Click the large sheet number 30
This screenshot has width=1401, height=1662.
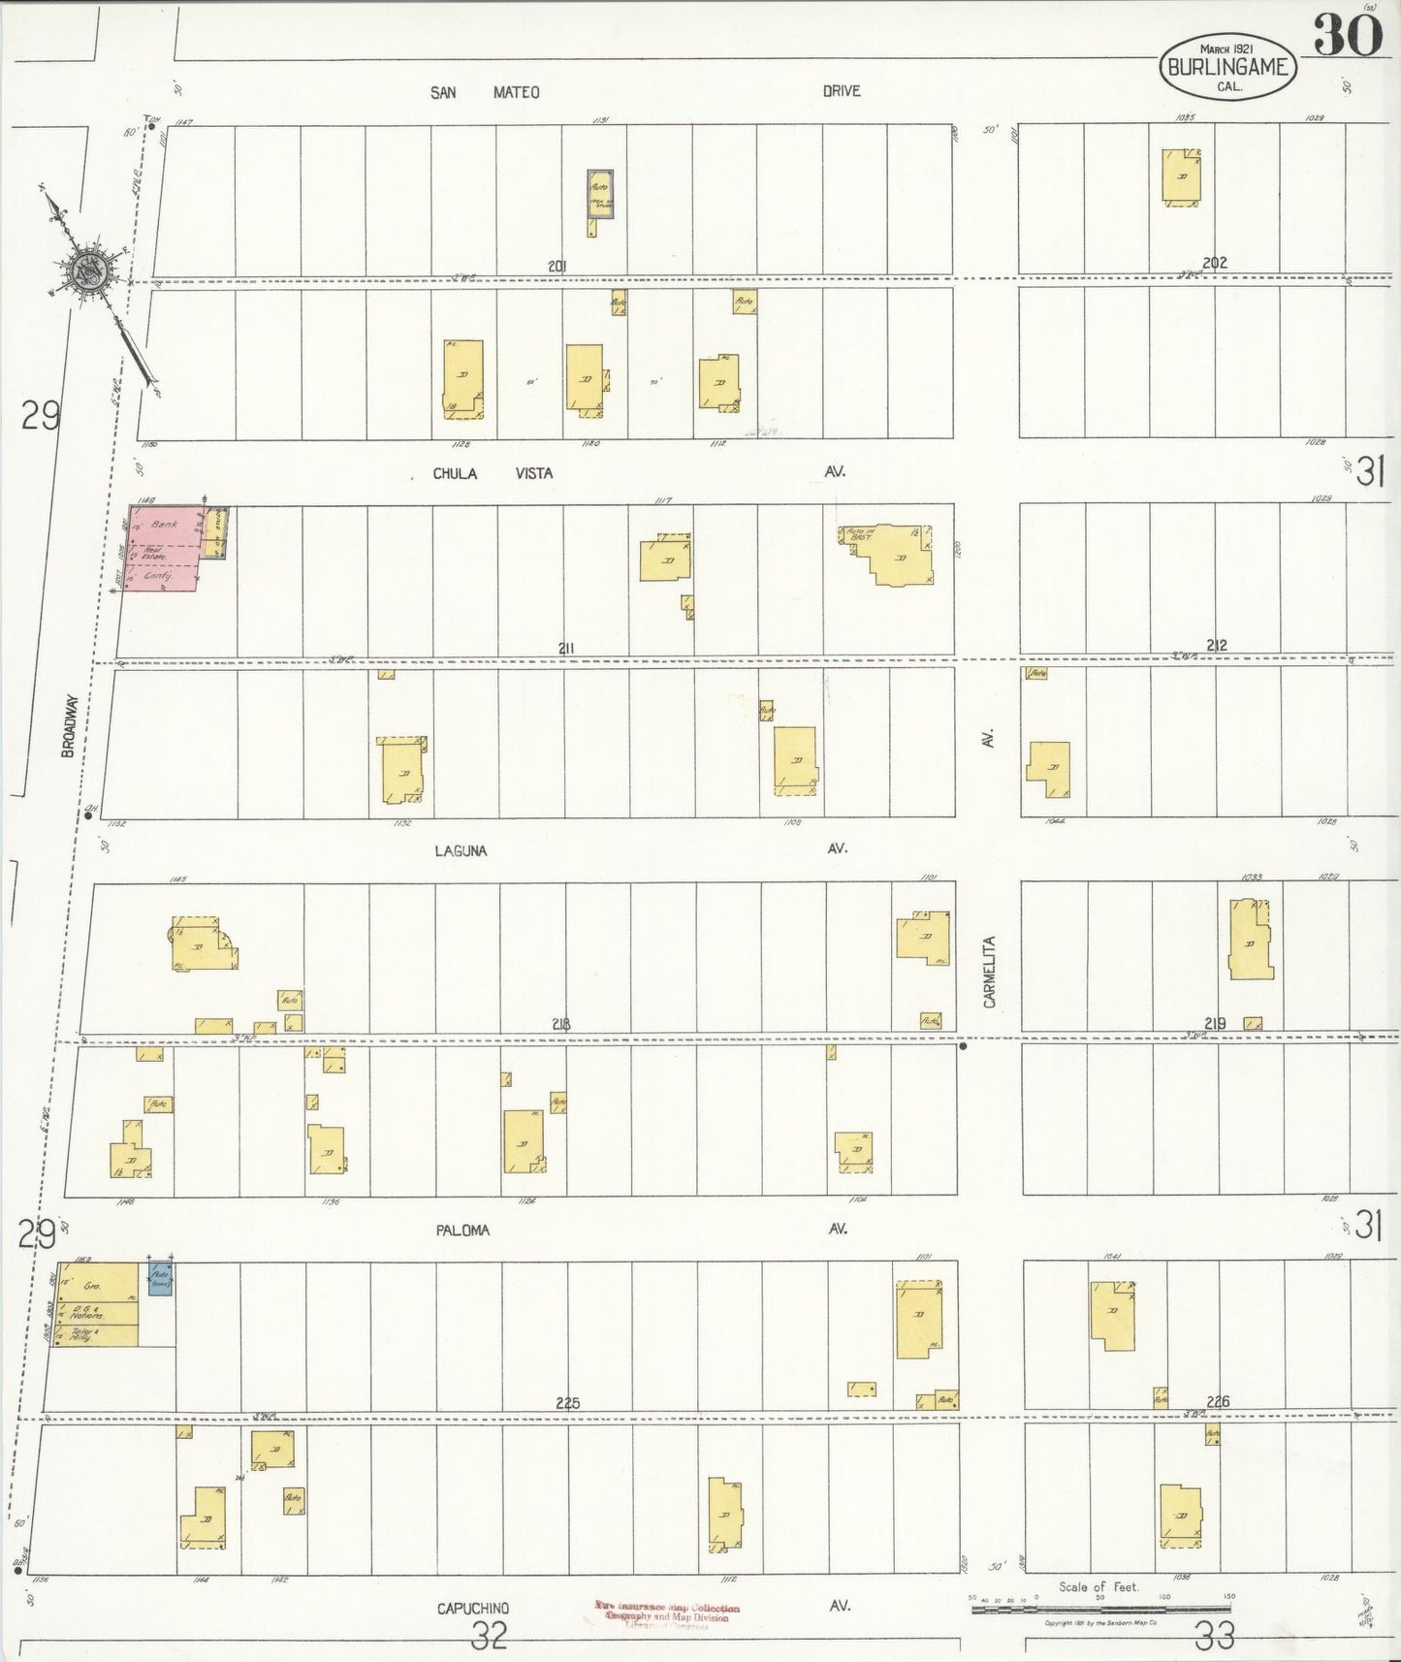coord(1348,38)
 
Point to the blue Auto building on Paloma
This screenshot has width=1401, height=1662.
coord(159,1278)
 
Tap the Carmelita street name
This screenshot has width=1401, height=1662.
coord(990,972)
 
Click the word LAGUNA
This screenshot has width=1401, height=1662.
coord(461,850)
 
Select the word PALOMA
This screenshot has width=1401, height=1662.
coord(462,1230)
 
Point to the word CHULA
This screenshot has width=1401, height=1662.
coord(452,473)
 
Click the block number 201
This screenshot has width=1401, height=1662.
coord(557,266)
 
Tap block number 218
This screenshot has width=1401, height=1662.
coord(560,1024)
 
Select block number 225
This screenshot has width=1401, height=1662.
coord(567,1402)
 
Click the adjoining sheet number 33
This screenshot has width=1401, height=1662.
coord(1215,1637)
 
